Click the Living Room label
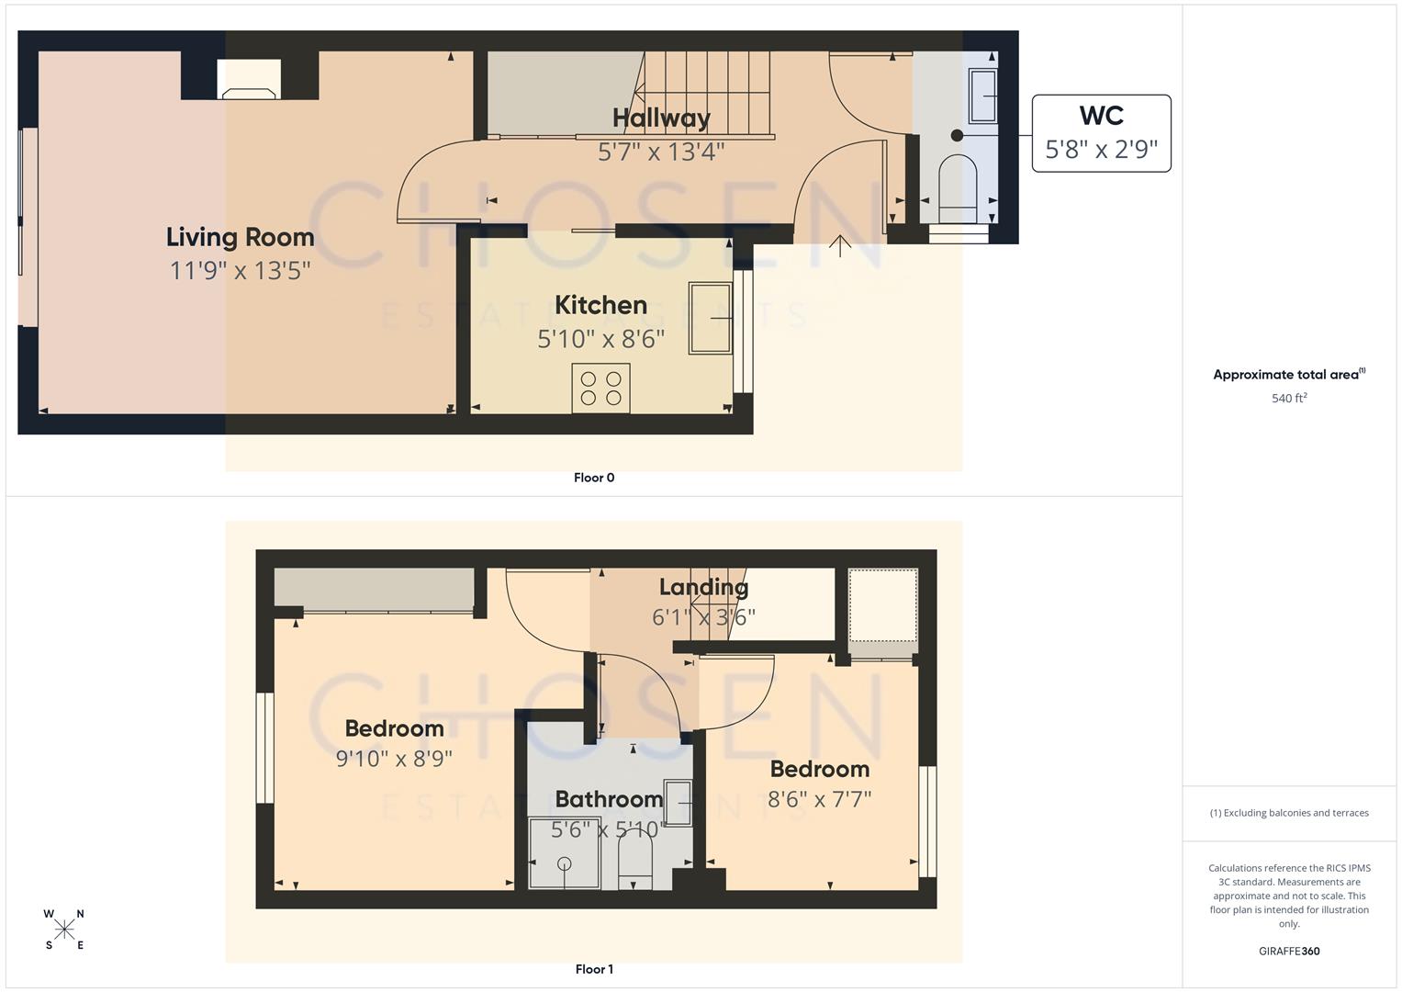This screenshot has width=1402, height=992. coord(240,237)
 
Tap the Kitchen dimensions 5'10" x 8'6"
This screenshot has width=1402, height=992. coord(600,339)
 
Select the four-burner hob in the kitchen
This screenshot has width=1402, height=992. coord(600,388)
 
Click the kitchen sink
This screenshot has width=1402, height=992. coord(711,318)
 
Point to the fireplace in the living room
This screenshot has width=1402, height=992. coord(250,92)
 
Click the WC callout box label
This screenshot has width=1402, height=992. coord(1101,116)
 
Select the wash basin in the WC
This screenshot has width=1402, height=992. coord(983,96)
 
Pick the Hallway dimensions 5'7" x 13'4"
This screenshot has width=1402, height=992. coord(661,152)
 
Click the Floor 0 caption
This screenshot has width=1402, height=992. coord(594,478)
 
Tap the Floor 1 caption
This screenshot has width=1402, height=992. coord(594,969)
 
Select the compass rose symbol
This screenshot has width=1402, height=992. coord(64,930)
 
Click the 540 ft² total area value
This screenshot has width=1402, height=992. coord(1288,399)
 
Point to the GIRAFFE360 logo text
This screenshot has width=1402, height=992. coord(1288,951)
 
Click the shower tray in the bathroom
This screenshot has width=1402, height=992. coord(564,853)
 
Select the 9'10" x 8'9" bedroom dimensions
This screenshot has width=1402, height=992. coord(394,759)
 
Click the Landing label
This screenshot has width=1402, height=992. coord(703,587)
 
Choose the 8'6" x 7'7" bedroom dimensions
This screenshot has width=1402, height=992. coord(819,799)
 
